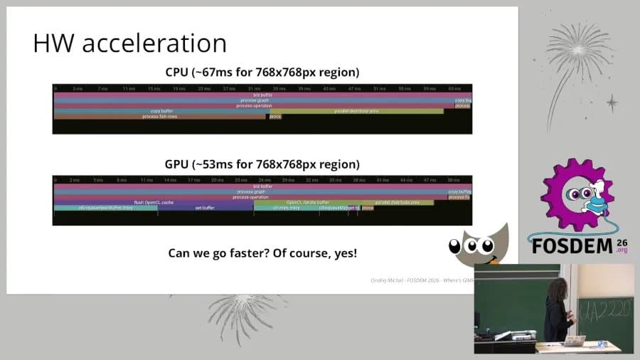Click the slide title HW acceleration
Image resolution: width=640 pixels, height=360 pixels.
(x=129, y=43)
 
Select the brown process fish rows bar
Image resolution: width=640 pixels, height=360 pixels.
(x=159, y=116)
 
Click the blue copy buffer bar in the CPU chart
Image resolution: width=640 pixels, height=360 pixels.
(x=161, y=111)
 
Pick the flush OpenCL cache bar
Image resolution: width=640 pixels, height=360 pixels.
(x=154, y=203)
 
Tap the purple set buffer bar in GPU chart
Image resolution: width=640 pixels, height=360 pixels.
(x=204, y=208)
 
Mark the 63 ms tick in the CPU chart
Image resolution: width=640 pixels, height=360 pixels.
(x=454, y=89)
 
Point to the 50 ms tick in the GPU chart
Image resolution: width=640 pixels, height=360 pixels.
(x=452, y=181)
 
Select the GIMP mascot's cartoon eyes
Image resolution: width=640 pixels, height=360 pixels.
(x=472, y=247)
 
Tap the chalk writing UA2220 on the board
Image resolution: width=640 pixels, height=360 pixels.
(x=605, y=312)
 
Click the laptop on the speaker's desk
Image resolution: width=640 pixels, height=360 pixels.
(x=575, y=340)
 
